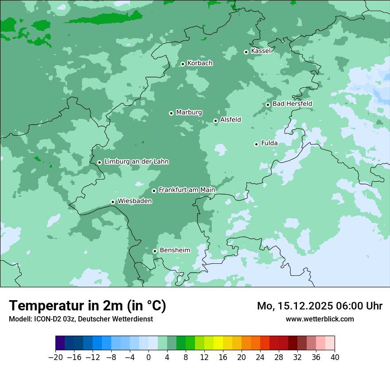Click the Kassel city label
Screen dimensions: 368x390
[x=261, y=51]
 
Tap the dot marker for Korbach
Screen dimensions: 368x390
[x=183, y=64]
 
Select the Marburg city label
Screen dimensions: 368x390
[x=189, y=113]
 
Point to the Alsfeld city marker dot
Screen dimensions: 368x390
[x=215, y=121]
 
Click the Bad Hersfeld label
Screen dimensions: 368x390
[x=292, y=104]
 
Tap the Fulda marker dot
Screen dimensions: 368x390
[x=256, y=144]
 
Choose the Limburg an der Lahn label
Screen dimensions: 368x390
[x=136, y=162]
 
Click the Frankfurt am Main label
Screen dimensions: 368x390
[x=187, y=190]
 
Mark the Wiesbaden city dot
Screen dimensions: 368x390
[x=113, y=202]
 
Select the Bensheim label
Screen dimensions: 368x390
[x=175, y=251]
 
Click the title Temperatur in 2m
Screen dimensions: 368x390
[x=88, y=306]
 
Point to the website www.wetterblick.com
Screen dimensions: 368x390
[x=320, y=319]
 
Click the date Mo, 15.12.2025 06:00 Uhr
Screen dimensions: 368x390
[x=320, y=306]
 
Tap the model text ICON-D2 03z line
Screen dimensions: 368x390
[x=81, y=319]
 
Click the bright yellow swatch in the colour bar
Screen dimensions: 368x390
[x=218, y=343]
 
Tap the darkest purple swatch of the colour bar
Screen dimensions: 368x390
[x=60, y=343]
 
